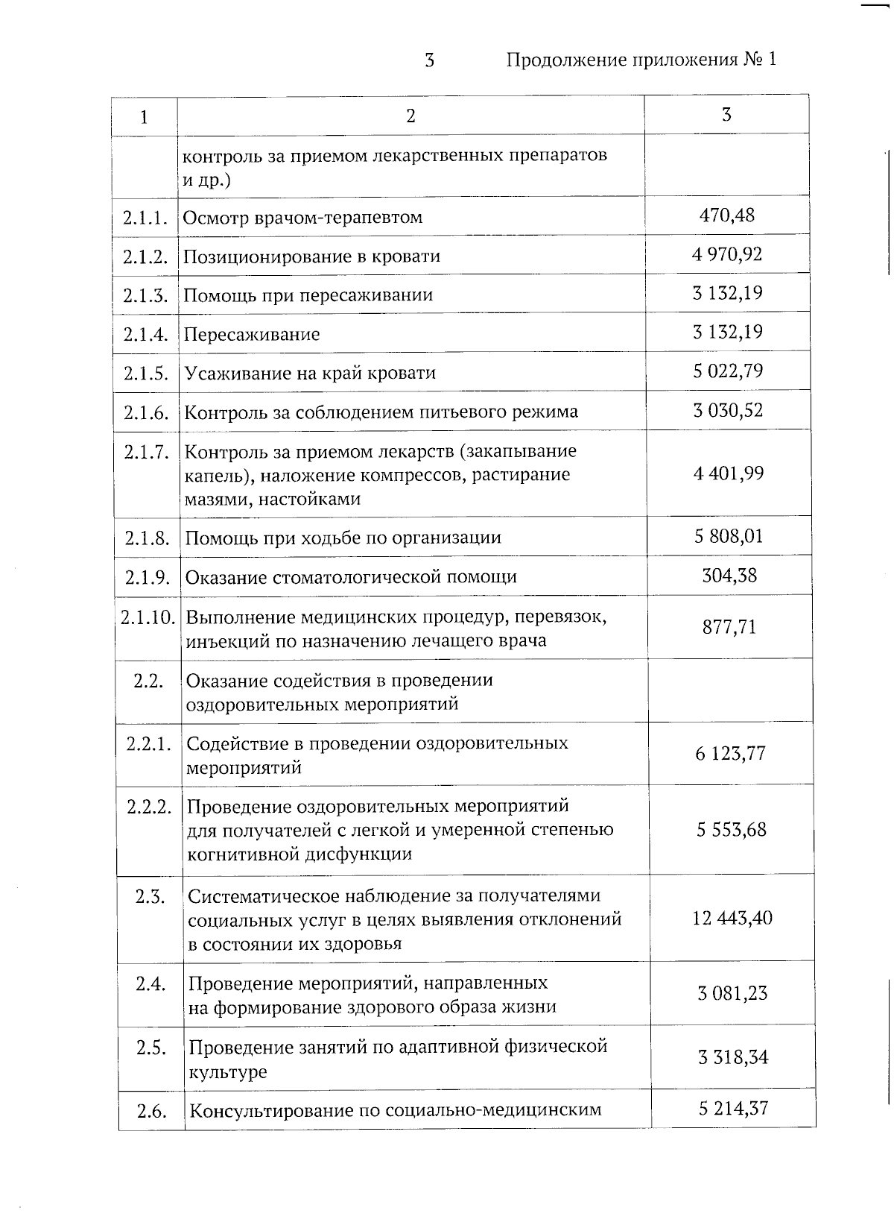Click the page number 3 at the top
[429, 60]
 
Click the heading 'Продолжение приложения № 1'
[641, 60]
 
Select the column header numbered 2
[410, 116]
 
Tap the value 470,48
[727, 215]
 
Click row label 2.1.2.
[145, 256]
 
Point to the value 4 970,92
[727, 254]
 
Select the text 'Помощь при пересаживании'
[308, 295]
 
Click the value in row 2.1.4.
[728, 332]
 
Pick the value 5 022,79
[728, 371]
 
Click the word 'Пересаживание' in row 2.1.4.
[252, 334]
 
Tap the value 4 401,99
[729, 473]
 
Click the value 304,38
[729, 576]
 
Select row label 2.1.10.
[148, 617]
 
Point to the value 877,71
[729, 627]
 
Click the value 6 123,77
[731, 754]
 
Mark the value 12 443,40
[732, 918]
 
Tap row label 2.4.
[150, 984]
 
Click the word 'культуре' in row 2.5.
[227, 1072]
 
